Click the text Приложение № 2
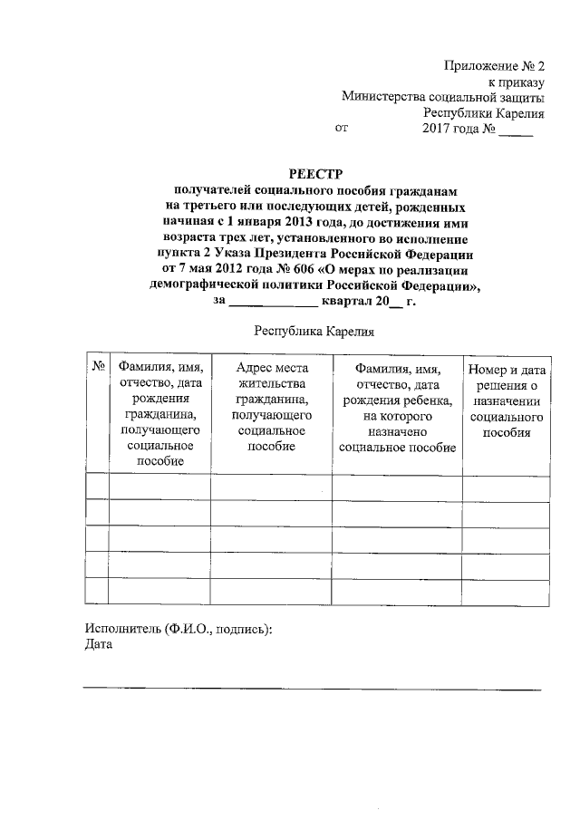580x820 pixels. pos(494,65)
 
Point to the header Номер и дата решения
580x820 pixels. pos(507,400)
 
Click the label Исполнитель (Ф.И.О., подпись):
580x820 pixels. pos(179,628)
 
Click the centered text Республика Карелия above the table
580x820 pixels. pos(314,333)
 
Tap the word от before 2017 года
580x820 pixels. pos(341,129)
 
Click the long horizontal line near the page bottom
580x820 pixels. pos(312,690)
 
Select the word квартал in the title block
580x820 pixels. pos(348,304)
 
